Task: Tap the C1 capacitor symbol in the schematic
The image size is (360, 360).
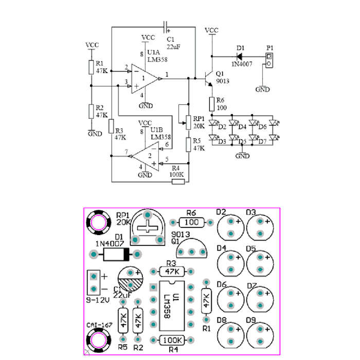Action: tap(166, 27)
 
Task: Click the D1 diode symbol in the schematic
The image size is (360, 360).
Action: tap(239, 56)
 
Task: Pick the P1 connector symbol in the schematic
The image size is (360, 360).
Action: tap(269, 60)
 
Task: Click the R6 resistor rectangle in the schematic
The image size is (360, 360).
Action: tap(212, 104)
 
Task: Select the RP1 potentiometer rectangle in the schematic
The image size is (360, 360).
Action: tap(188, 122)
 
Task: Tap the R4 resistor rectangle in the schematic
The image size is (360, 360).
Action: tap(178, 182)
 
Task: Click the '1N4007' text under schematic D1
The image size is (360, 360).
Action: tap(242, 64)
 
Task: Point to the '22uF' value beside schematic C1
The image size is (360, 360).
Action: tap(173, 47)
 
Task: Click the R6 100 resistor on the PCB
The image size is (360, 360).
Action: tap(191, 222)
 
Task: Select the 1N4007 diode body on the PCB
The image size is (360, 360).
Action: tap(116, 254)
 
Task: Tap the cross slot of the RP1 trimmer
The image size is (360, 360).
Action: tap(148, 227)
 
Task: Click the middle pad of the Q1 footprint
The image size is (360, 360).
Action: tap(191, 252)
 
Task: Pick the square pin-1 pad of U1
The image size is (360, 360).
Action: tap(153, 287)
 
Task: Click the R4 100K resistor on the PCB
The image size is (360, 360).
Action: tap(172, 340)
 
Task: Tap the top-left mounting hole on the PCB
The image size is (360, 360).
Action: tap(99, 223)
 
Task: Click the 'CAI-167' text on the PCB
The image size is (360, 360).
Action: tap(99, 325)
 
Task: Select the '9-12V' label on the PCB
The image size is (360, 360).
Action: tap(98, 300)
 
